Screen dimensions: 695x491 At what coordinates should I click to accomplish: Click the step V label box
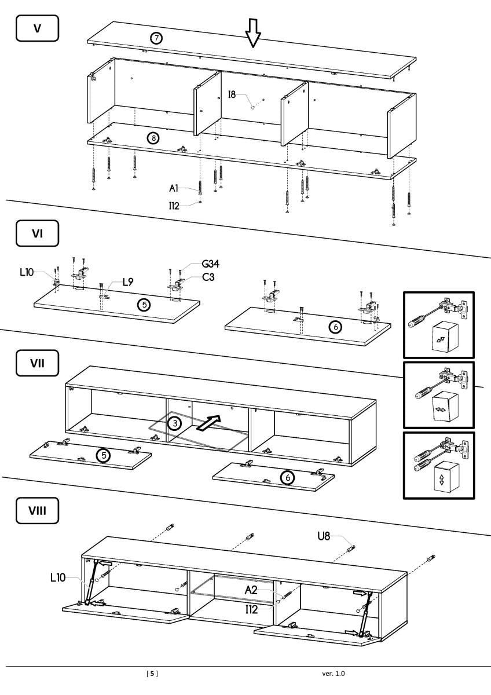coord(37,28)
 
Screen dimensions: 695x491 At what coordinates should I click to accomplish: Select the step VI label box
coord(37,235)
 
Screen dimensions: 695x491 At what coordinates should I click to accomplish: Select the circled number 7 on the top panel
coord(156,39)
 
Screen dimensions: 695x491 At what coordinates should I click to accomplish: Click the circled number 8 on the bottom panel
coord(153,138)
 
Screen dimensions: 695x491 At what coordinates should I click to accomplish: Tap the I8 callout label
coord(232,94)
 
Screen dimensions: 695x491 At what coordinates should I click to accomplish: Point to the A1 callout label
coord(174,188)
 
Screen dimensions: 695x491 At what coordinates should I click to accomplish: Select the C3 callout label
coord(208,277)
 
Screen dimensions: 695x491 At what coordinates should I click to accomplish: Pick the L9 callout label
coord(128,283)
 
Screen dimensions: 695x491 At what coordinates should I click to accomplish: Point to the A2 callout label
coord(250,590)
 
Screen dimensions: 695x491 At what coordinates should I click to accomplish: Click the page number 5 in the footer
coord(152,674)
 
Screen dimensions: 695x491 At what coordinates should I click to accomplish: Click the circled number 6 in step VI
coord(335,327)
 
